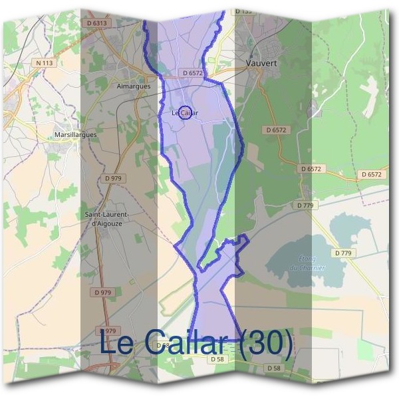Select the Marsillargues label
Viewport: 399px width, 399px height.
click(x=76, y=134)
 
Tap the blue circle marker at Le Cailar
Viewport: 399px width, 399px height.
click(x=186, y=112)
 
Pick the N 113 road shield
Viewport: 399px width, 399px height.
click(x=44, y=63)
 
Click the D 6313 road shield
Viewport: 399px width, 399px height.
click(x=97, y=23)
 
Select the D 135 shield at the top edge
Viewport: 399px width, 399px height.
click(x=245, y=11)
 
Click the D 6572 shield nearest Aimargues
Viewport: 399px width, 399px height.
click(x=192, y=72)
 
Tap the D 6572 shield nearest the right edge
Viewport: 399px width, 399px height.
click(x=372, y=174)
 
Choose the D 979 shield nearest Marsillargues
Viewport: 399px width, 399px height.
click(x=113, y=178)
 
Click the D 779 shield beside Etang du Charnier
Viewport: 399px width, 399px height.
click(x=343, y=253)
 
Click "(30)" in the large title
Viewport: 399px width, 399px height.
click(x=265, y=343)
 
